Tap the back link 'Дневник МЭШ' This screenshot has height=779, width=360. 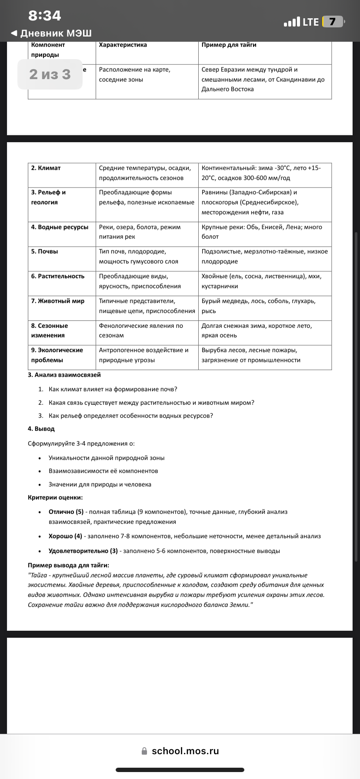point(51,33)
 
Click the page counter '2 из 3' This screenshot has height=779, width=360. point(50,74)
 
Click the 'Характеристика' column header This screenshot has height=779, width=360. point(123,45)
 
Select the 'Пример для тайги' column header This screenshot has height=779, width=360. point(229,45)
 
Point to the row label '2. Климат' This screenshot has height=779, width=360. point(46,168)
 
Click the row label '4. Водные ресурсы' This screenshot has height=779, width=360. point(60,227)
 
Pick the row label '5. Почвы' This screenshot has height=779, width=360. point(44,251)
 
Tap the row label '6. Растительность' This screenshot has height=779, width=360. point(58,276)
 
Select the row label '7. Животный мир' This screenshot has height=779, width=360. point(58,301)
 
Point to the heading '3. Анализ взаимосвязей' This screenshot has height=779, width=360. point(64,375)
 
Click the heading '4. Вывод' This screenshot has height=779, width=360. point(41,429)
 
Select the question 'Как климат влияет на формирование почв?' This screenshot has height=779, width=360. point(113,389)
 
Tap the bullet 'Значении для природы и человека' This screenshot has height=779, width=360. point(100,484)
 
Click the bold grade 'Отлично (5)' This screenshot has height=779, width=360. point(66,512)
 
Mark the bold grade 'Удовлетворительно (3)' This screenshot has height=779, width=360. point(83,551)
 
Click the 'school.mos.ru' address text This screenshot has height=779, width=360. point(185,751)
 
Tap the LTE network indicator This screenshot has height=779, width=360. point(310,22)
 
